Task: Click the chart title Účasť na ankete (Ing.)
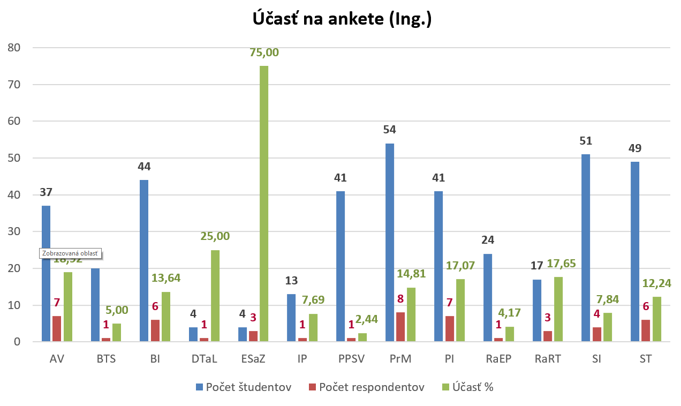point(342,19)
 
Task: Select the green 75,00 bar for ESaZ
point(264,204)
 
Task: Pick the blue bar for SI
point(586,248)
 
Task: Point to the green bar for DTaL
point(215,296)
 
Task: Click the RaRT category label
point(547,359)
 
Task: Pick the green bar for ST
point(657,319)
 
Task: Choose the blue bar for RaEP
point(487,297)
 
